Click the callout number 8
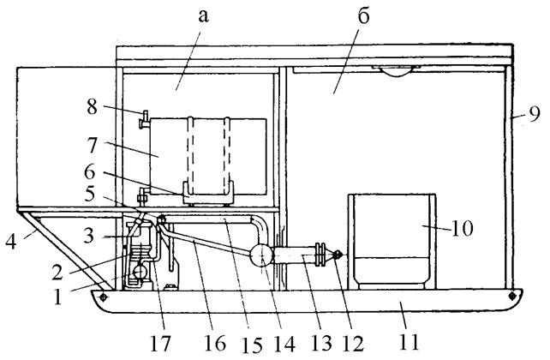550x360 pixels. click(93, 106)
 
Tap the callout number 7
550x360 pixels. click(93, 144)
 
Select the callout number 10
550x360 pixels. click(462, 229)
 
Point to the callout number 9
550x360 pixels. click(534, 115)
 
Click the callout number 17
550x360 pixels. click(161, 343)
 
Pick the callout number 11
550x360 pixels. click(409, 341)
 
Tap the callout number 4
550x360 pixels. click(11, 242)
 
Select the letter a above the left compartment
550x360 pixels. click(203, 15)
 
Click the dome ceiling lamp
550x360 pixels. click(397, 71)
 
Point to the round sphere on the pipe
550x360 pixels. click(261, 255)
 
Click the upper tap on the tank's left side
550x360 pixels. click(144, 119)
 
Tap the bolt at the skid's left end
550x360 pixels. click(103, 297)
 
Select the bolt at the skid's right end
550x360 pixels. click(512, 296)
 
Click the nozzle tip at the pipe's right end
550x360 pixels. click(338, 255)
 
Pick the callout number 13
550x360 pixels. click(321, 343)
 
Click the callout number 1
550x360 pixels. click(57, 297)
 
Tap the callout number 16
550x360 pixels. click(215, 343)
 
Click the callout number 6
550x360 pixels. click(90, 173)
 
